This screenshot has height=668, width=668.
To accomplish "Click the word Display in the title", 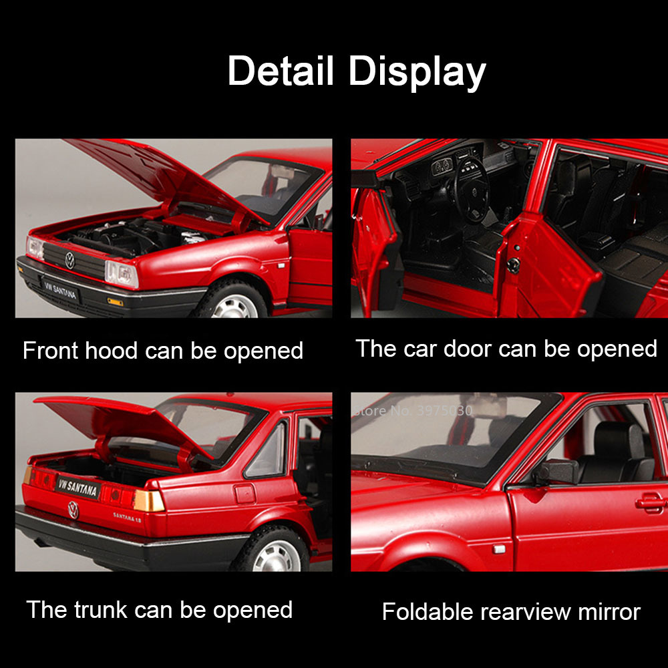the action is pos(417,72).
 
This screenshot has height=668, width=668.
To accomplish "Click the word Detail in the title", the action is pos(281,70).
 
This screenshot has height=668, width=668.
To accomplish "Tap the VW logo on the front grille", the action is pos(70,261).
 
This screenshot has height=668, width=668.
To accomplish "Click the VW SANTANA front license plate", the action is pos(60,291).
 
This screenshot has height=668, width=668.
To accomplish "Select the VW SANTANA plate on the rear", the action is pos(78,486).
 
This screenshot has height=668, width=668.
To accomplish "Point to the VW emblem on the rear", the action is pos(73,510).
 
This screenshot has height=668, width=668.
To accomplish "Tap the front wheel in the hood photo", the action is pos(233,301).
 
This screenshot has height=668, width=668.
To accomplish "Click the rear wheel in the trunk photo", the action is pos(273,550).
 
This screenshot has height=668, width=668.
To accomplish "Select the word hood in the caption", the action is pos(111,351).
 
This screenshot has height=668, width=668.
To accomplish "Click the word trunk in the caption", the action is pos(101,609).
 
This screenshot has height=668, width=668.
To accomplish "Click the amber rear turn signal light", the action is pos(149,500).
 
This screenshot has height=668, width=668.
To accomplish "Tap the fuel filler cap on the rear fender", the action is pos(245,494).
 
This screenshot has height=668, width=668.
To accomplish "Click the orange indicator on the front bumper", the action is pos(116,302).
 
